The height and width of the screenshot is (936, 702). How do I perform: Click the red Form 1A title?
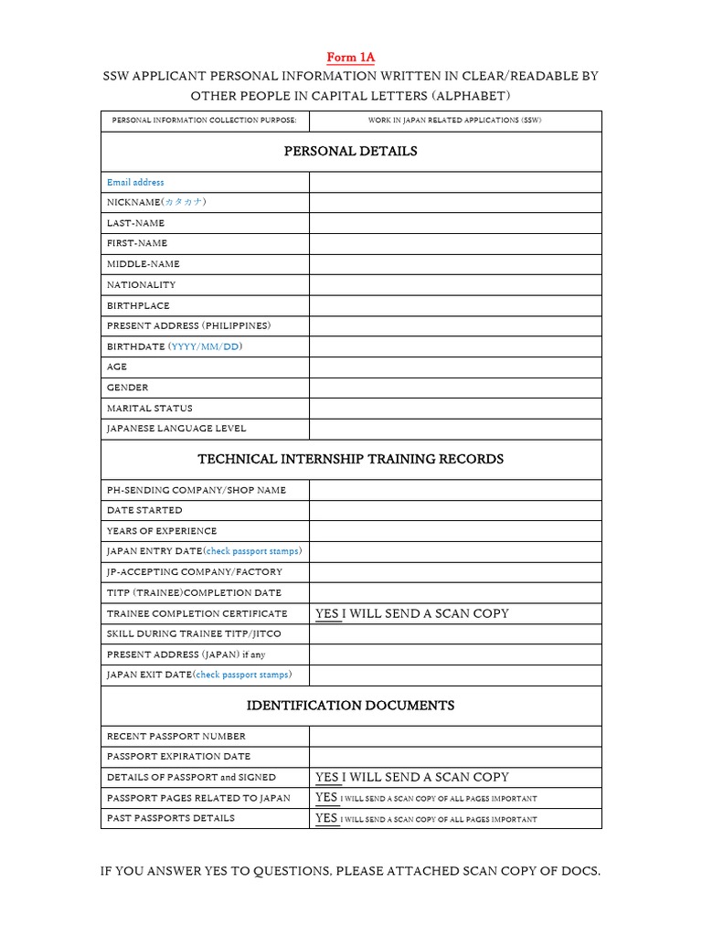coord(350,58)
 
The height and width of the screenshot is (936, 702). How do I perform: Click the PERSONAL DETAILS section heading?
coord(350,151)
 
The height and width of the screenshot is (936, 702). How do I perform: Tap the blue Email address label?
coord(135,182)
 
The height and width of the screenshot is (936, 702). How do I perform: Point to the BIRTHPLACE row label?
coord(138,305)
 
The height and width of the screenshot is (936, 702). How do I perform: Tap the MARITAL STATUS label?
coord(150,408)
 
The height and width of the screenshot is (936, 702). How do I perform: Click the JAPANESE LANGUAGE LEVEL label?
coord(176,428)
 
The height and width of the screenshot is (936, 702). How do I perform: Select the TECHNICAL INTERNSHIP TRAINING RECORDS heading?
coord(350,459)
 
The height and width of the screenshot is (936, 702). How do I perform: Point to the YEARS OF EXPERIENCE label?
coord(162,530)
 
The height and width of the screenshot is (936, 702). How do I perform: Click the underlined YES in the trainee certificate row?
coord(327,613)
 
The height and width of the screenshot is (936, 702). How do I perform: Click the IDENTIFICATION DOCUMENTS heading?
coord(350,706)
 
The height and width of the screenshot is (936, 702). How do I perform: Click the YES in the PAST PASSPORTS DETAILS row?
coord(326,818)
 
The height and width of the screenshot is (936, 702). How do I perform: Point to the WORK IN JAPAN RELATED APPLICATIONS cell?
coord(454,121)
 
